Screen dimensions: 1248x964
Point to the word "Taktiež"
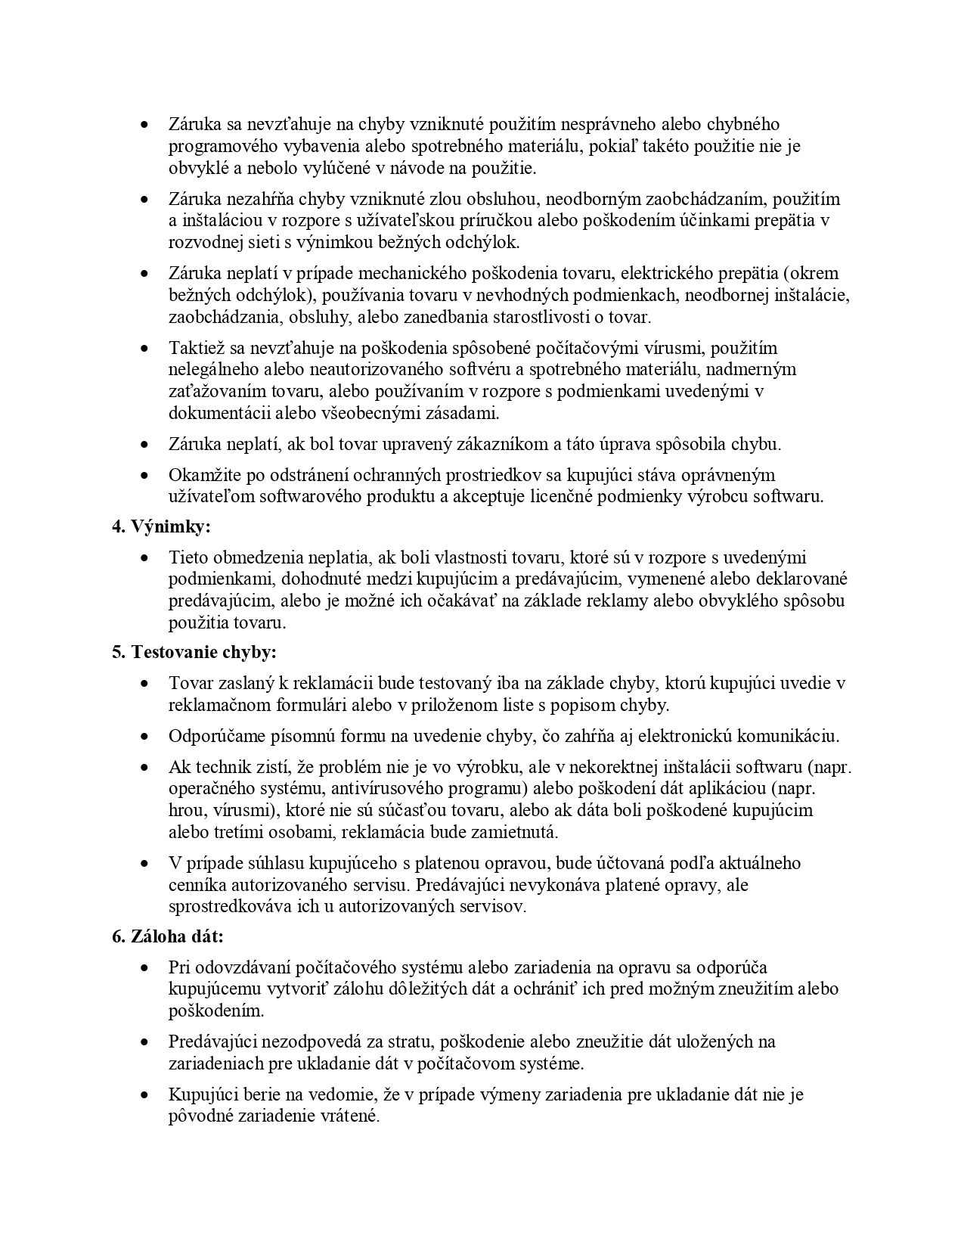(193, 348)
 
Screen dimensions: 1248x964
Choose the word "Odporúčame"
(212, 736)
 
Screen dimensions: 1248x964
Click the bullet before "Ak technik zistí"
(144, 767)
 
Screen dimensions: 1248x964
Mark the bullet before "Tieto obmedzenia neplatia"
(144, 558)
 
